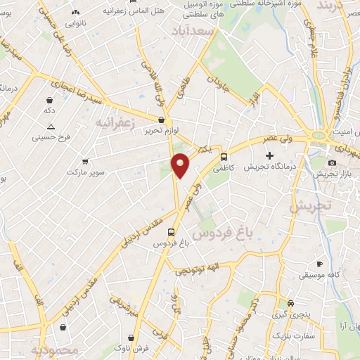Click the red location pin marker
(x=181, y=165)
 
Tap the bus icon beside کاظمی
(x=224, y=157)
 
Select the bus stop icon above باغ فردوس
(x=171, y=231)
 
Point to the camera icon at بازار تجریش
(x=332, y=163)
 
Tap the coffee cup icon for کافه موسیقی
(x=319, y=264)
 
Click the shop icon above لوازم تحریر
(x=162, y=120)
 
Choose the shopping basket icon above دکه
(x=49, y=100)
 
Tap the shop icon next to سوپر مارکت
(x=85, y=162)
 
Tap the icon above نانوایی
(x=75, y=12)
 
